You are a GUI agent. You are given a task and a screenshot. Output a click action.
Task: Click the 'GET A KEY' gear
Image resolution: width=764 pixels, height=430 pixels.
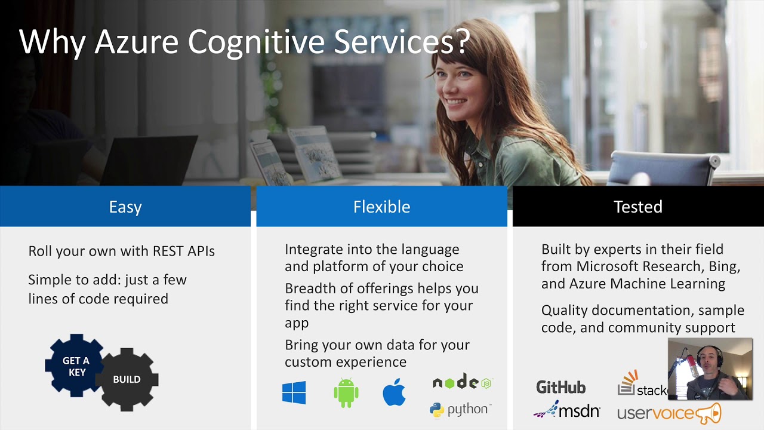tap(75, 366)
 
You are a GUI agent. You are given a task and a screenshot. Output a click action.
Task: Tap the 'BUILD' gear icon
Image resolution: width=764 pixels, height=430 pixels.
tap(127, 379)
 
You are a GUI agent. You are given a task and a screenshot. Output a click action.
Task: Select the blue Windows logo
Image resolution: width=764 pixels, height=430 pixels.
tap(294, 393)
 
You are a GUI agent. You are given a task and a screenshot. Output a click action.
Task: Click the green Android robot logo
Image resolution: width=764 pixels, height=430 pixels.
tap(346, 392)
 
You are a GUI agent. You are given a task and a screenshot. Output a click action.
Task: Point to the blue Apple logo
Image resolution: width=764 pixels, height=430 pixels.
tap(394, 392)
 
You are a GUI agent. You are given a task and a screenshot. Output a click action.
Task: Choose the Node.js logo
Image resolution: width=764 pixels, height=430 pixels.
tap(463, 382)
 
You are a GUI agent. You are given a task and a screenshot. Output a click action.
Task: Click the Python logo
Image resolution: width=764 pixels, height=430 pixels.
tap(460, 410)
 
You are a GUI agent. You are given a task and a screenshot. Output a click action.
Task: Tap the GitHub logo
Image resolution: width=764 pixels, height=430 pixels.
tap(560, 387)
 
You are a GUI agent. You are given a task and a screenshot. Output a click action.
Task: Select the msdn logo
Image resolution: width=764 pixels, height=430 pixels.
tap(566, 410)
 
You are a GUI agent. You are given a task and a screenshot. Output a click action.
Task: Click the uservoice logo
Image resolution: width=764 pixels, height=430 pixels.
tap(668, 413)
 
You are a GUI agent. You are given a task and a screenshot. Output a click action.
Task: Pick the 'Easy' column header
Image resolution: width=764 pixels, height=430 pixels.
tap(125, 207)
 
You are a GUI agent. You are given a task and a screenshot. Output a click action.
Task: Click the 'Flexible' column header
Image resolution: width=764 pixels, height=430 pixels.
tap(381, 207)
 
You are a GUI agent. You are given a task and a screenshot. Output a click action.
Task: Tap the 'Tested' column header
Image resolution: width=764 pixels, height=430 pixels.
tap(638, 207)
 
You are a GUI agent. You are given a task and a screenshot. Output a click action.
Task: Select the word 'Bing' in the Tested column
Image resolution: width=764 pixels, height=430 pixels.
tap(724, 266)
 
